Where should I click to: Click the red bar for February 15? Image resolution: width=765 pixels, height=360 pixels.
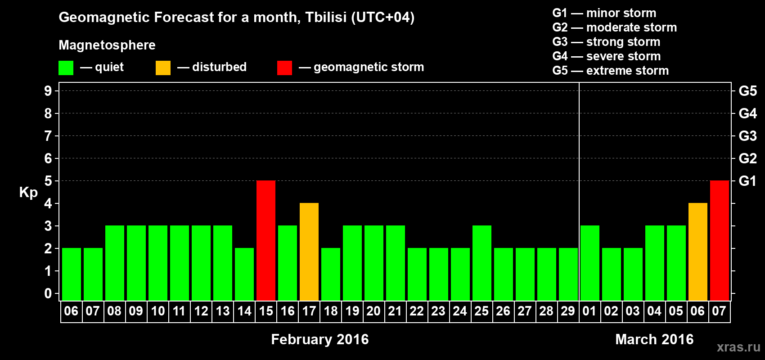click(x=265, y=240)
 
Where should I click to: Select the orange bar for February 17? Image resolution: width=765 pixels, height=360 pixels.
click(x=309, y=252)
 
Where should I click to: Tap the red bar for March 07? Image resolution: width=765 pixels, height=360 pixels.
click(x=719, y=240)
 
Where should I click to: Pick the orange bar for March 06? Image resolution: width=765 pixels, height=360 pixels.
click(x=697, y=252)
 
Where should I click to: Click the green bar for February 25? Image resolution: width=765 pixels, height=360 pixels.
click(x=482, y=263)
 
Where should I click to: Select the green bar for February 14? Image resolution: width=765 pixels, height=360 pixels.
click(x=244, y=274)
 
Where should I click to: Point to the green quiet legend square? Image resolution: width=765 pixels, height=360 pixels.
click(x=66, y=67)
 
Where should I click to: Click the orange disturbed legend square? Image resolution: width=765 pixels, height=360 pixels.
click(x=163, y=67)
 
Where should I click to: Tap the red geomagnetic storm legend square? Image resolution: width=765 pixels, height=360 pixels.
click(x=284, y=67)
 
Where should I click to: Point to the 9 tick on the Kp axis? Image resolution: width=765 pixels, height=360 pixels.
click(x=48, y=91)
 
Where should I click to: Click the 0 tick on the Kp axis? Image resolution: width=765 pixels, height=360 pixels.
click(x=48, y=293)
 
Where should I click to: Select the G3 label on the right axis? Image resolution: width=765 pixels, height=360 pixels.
click(x=747, y=136)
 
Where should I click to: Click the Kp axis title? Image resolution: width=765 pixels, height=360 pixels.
click(x=28, y=193)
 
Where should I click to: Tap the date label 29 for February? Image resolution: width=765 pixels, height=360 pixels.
click(x=568, y=311)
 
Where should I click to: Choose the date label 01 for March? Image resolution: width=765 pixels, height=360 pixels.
click(x=589, y=311)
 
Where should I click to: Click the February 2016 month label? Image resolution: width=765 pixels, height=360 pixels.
click(x=319, y=339)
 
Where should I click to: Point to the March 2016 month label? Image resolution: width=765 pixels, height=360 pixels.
click(x=654, y=339)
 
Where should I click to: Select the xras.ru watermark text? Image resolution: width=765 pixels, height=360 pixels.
click(x=738, y=347)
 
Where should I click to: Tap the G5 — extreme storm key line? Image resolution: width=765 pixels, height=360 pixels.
click(x=611, y=71)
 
